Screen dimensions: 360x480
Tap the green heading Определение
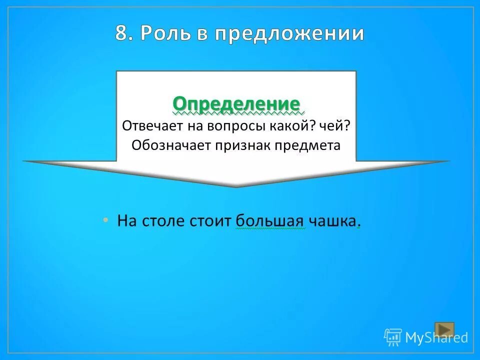click(236, 104)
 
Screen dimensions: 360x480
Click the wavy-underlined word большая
click(269, 221)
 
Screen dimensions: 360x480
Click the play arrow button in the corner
click(444, 329)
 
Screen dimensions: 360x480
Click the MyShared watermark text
click(436, 338)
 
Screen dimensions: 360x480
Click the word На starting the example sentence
click(127, 221)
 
